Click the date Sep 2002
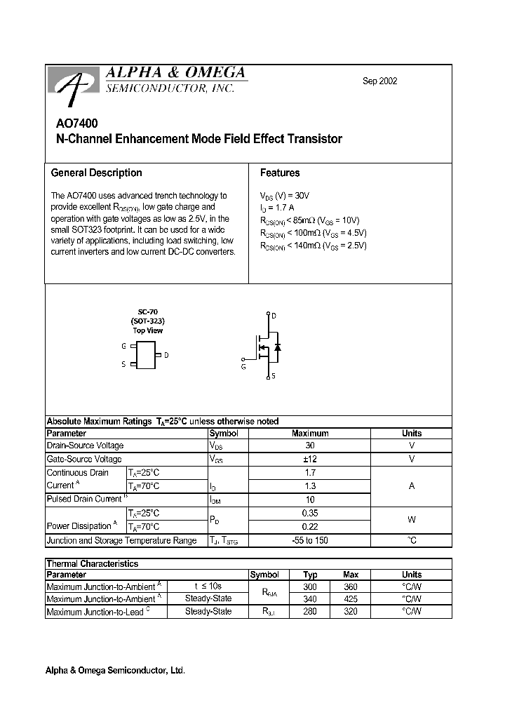[x=379, y=81]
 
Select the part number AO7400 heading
[x=73, y=123]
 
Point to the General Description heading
[x=96, y=173]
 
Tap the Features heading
[x=279, y=173]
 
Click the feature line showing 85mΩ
[x=309, y=220]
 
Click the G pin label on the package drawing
[x=123, y=346]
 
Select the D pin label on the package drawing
[x=166, y=355]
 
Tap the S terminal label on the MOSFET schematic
[x=274, y=376]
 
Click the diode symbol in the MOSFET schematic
[x=278, y=347]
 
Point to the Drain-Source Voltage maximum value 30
[x=309, y=446]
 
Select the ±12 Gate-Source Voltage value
[x=309, y=459]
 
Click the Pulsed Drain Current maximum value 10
[x=309, y=499]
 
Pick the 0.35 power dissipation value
[x=309, y=513]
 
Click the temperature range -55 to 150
[x=309, y=540]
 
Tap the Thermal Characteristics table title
[x=92, y=563]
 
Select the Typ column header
[x=310, y=575]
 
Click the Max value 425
[x=351, y=599]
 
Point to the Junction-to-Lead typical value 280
[x=310, y=612]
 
